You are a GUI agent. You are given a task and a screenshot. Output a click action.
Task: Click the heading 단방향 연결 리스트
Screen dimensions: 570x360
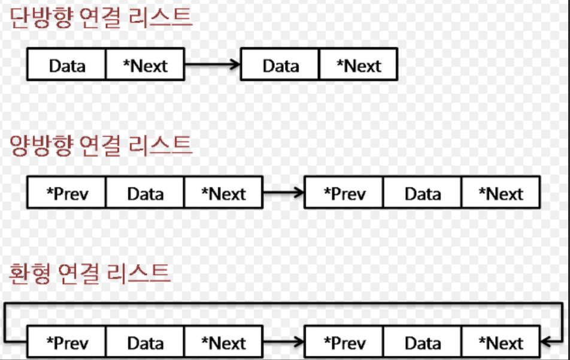click(101, 17)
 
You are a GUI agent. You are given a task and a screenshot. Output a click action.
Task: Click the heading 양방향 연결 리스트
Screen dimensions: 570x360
click(101, 146)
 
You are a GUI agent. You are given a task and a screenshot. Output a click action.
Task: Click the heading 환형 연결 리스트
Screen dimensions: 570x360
click(90, 273)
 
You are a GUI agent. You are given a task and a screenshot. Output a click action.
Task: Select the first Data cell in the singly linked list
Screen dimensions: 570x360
click(66, 65)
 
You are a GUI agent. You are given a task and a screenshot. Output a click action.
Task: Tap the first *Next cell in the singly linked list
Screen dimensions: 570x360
click(145, 65)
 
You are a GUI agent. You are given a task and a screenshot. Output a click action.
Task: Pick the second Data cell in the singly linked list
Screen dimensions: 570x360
click(280, 65)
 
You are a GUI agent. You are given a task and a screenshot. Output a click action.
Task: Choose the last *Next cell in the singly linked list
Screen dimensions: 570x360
click(359, 65)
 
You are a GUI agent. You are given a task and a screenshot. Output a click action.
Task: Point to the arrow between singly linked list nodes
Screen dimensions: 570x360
click(213, 64)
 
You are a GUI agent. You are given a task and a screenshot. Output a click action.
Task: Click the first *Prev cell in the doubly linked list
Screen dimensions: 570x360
click(66, 193)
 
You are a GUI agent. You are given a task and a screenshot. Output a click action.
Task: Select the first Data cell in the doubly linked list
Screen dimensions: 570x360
click(145, 193)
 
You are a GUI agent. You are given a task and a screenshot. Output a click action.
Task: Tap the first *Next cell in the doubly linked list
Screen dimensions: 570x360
click(223, 193)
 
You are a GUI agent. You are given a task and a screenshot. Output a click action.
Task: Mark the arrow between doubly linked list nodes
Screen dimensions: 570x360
click(284, 192)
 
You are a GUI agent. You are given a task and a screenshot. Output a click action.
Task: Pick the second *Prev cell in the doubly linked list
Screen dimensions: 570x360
click(344, 193)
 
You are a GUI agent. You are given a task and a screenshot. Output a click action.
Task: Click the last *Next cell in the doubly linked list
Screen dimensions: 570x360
click(501, 193)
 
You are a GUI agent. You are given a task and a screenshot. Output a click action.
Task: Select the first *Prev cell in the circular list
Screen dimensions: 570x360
click(66, 343)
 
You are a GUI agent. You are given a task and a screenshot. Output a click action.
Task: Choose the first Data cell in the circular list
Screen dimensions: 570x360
click(145, 343)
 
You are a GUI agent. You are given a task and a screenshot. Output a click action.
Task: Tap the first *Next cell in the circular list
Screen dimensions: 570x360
click(223, 343)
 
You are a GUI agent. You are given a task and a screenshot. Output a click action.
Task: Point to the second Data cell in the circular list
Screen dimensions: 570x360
click(422, 343)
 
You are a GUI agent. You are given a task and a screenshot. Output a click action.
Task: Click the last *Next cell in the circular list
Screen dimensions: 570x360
click(501, 343)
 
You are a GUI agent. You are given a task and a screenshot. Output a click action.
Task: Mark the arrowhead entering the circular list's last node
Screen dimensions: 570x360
click(545, 342)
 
